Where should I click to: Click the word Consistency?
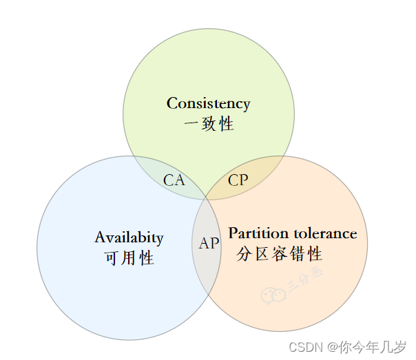208,104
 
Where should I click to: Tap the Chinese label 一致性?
209,125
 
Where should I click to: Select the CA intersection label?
174,180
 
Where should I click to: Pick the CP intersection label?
238,180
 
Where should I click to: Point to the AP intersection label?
209,244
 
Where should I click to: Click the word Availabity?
129,238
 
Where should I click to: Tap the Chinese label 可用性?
129,259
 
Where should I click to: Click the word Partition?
254,233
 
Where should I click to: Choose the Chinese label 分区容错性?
279,254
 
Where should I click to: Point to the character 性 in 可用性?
146,259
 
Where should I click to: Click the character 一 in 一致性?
191,125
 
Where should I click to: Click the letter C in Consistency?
172,104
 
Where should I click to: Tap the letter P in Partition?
233,233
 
